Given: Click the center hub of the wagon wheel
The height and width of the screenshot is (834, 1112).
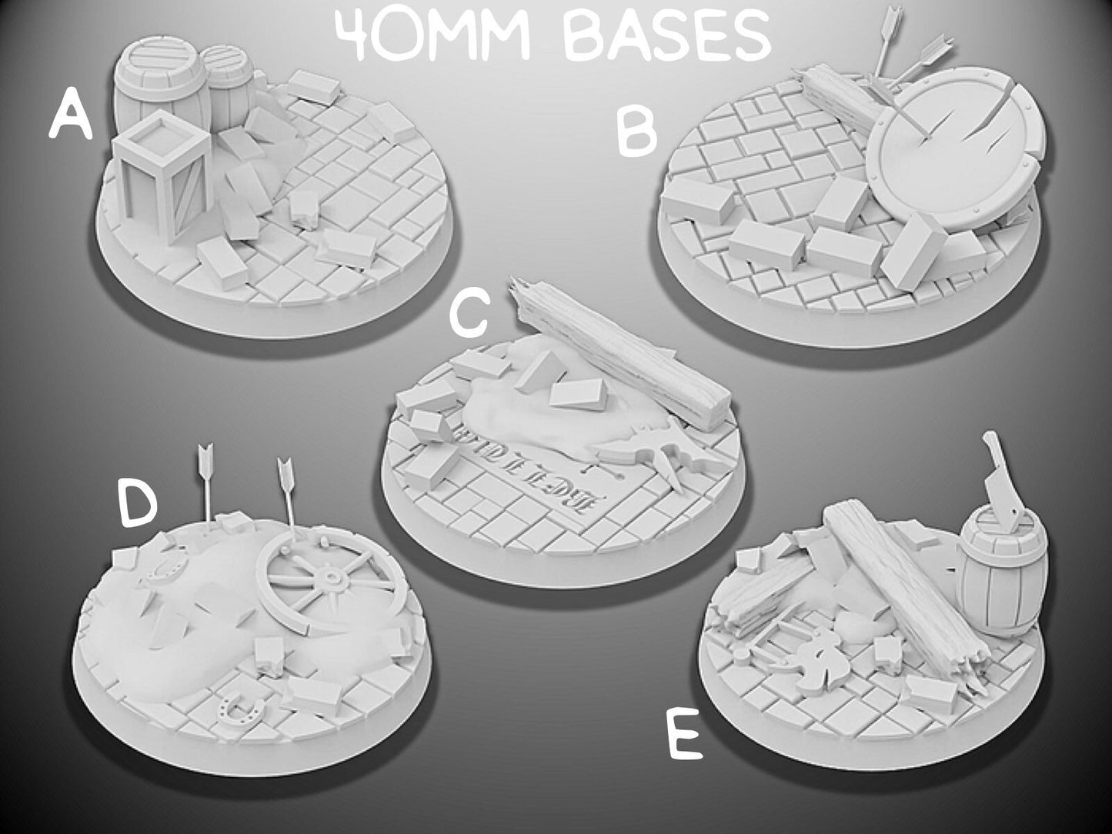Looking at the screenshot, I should click(332, 577).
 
